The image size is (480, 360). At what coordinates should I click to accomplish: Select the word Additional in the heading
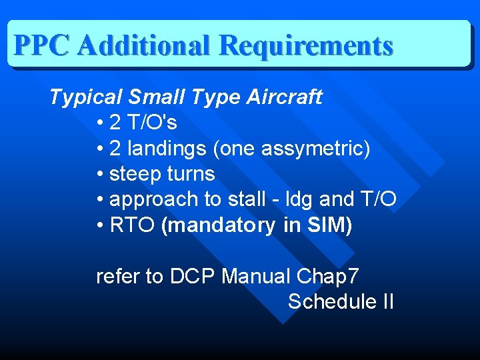point(144,45)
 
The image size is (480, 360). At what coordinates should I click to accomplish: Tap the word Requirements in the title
point(305,45)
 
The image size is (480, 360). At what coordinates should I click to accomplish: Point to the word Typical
point(85,97)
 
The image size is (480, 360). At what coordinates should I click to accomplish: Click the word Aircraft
point(285,97)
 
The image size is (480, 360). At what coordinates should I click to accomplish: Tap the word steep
point(133,174)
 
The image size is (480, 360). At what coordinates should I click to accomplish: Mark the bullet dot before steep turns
point(99,175)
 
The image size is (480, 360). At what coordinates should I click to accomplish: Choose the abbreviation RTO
point(133,225)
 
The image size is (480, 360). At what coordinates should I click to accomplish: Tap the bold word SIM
point(326,225)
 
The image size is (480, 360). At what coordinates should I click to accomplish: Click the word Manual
point(258,276)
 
